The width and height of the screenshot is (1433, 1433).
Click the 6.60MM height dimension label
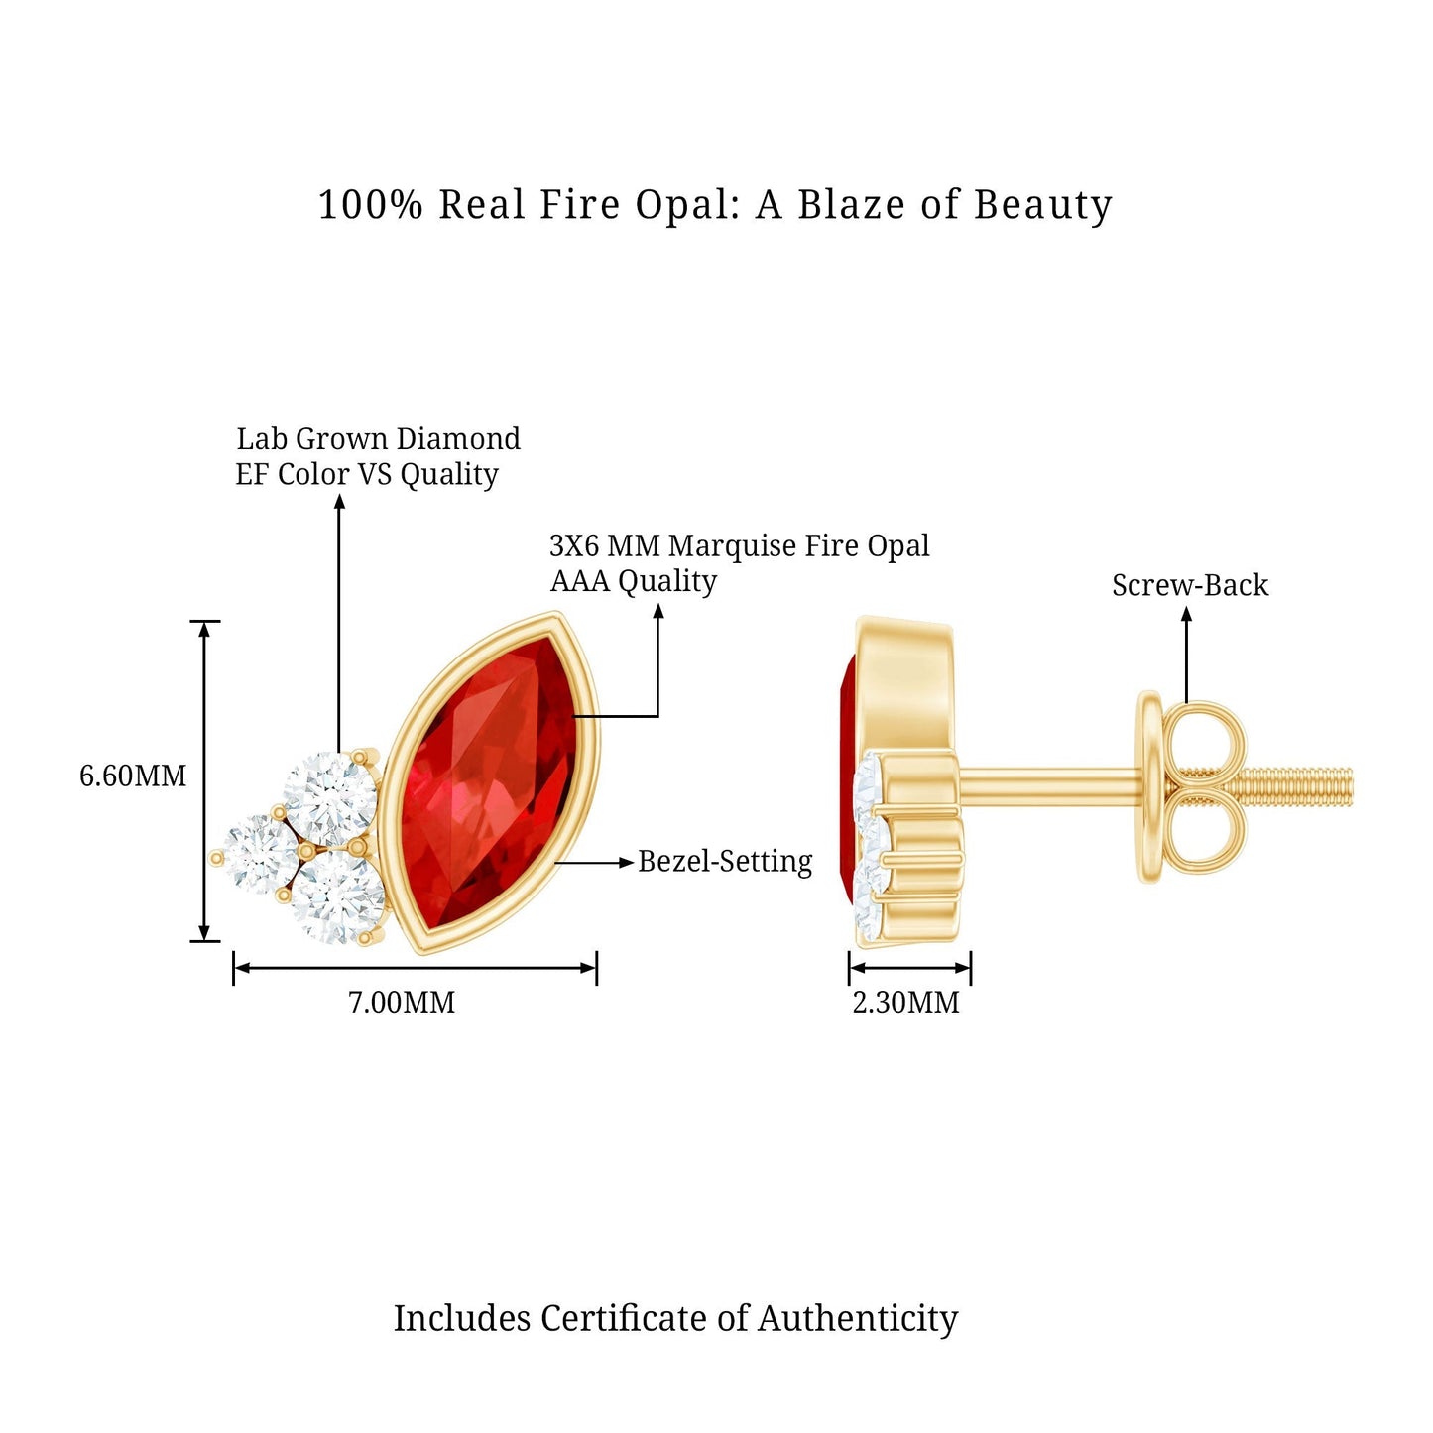(133, 776)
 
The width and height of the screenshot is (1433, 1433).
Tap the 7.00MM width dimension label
(402, 1002)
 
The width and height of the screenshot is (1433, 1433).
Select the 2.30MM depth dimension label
(905, 1002)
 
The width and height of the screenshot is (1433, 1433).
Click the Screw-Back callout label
(1189, 585)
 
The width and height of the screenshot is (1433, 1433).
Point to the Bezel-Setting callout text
(725, 861)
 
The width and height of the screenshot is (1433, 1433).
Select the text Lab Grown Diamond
(378, 438)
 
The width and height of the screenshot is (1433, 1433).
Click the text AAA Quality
(633, 581)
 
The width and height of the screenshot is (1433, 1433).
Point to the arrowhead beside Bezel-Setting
(626, 863)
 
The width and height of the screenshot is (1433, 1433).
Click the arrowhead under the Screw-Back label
(1186, 614)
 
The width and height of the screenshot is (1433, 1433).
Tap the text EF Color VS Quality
(366, 474)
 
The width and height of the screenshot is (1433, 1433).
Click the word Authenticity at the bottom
(858, 1318)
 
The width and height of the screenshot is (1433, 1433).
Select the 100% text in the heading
(370, 205)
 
